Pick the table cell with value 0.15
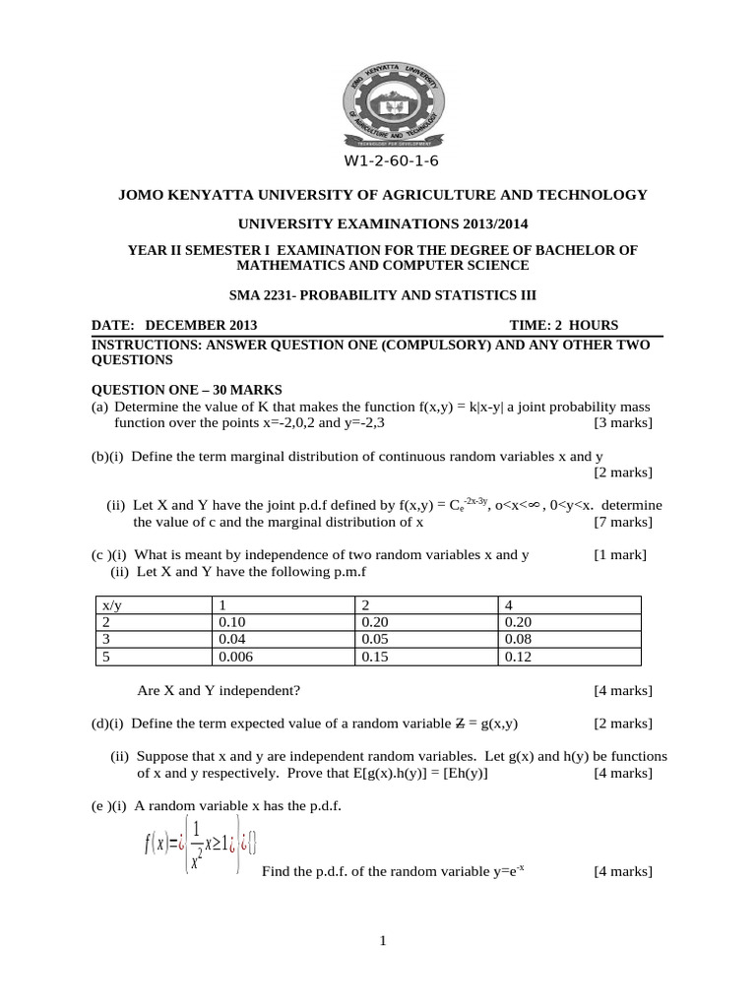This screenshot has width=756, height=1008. point(377,657)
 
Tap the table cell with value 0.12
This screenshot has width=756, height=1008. point(519,657)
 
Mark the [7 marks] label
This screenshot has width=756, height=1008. point(622,522)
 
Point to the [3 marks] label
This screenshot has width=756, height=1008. point(622,423)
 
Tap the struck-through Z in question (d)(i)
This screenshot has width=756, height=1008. point(458,724)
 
